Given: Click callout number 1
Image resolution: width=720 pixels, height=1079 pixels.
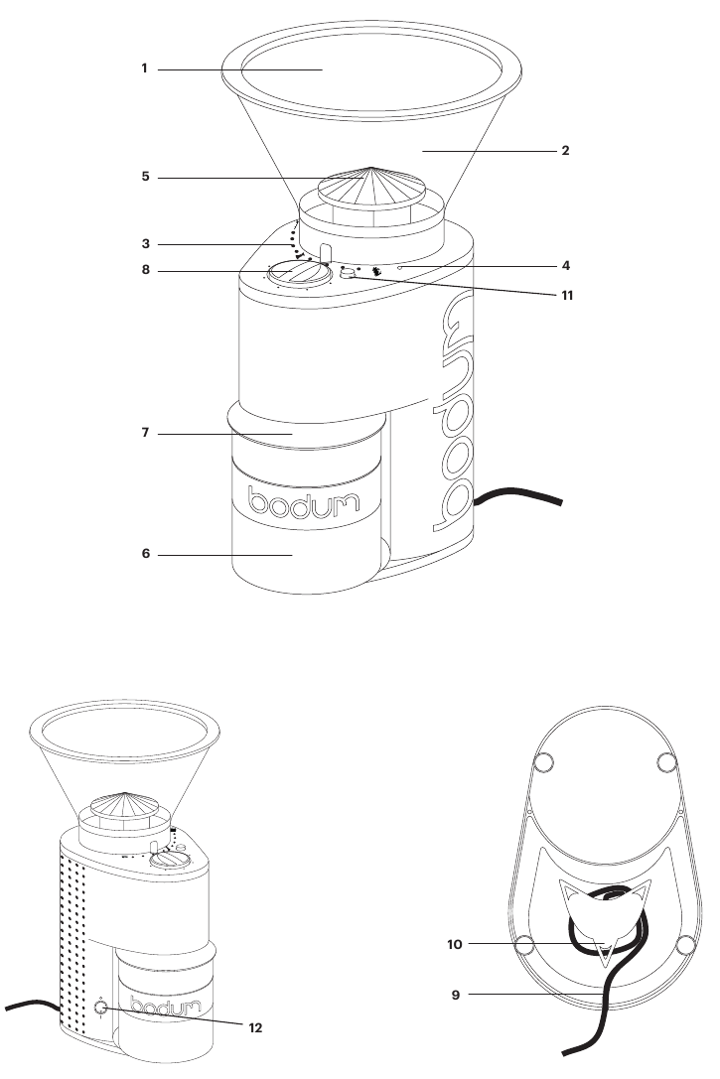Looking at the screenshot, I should coord(144,69).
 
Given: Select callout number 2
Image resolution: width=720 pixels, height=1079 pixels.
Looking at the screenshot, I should coord(565,152).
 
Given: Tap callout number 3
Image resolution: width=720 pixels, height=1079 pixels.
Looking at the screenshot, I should coord(144,243).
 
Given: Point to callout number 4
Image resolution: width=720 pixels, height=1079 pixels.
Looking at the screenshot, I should coord(565,267).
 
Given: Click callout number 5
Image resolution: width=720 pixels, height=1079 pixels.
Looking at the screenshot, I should coord(144,179).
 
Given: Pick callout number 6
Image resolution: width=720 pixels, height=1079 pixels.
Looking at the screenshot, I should coord(144,555).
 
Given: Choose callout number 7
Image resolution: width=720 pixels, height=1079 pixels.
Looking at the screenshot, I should coord(144,434).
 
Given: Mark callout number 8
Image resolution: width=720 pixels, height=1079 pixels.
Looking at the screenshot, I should coord(144,271).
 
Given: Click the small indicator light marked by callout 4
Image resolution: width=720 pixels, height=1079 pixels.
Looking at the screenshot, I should coord(398,268).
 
